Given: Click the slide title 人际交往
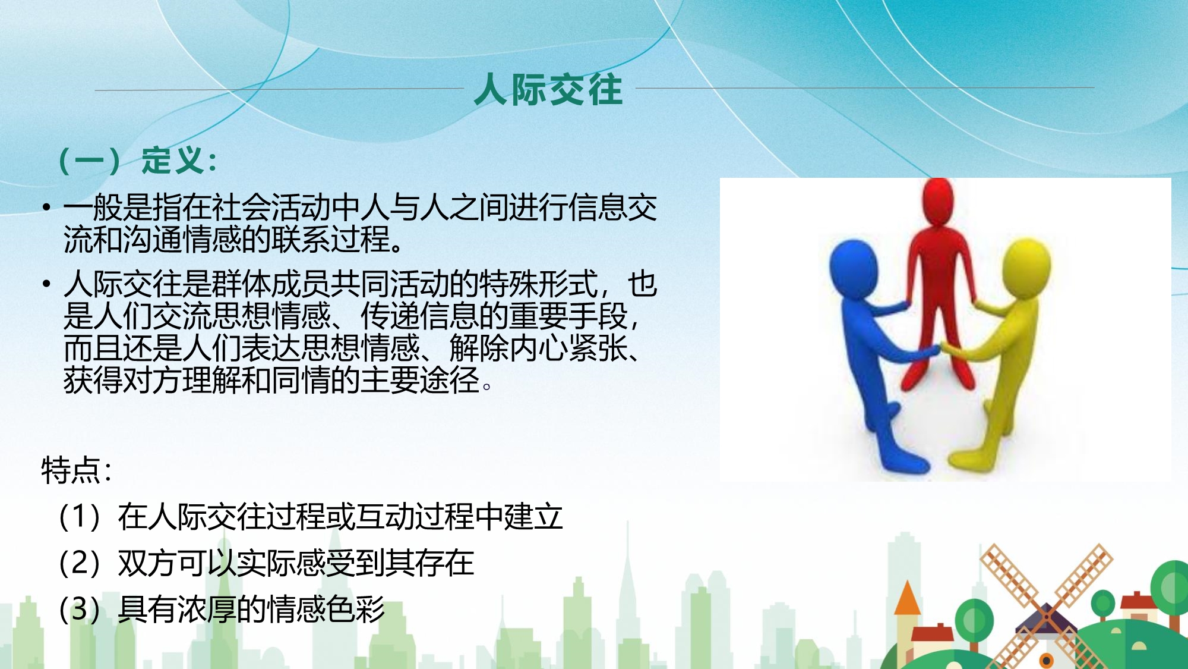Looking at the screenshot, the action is (x=548, y=90).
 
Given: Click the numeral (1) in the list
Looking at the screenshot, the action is (x=80, y=516).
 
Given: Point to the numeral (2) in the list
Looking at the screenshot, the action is (x=80, y=563).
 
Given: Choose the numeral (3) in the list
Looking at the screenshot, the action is (x=80, y=609).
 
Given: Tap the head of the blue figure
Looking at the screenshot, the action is (x=854, y=268).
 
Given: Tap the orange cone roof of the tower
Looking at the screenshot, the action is (x=907, y=598).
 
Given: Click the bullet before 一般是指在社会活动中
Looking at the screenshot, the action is (x=46, y=207).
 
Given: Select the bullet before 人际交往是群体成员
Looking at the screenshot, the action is (x=46, y=284).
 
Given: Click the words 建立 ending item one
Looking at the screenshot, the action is (x=533, y=516).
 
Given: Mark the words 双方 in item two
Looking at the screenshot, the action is (x=147, y=563).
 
